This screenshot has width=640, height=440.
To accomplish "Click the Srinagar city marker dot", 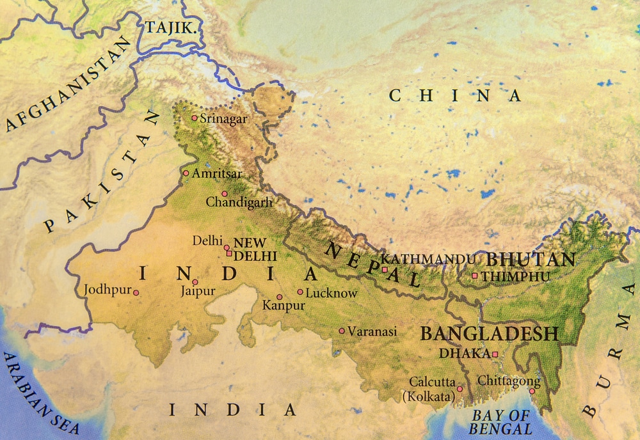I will tap(195, 118).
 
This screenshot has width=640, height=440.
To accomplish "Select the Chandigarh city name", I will tap(239, 202).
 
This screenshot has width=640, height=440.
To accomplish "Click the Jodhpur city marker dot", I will tap(136, 292).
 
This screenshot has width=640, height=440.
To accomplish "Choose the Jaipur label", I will tap(197, 292).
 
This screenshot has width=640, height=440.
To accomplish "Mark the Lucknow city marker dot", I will tap(300, 292).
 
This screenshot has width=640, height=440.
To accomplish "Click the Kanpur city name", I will tap(284, 306).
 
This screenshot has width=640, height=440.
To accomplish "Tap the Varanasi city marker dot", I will tap(342, 331).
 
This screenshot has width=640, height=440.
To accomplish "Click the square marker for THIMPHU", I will tap(475, 276).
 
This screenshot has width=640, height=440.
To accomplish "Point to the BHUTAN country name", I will tap(531, 260).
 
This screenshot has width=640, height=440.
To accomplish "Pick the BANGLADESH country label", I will tap(489, 333).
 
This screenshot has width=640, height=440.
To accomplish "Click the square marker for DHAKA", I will tap(495, 354).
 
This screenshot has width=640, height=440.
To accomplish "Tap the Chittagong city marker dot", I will tap(532, 391).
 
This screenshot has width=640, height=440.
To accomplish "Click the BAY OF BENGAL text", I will tap(501, 422).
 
